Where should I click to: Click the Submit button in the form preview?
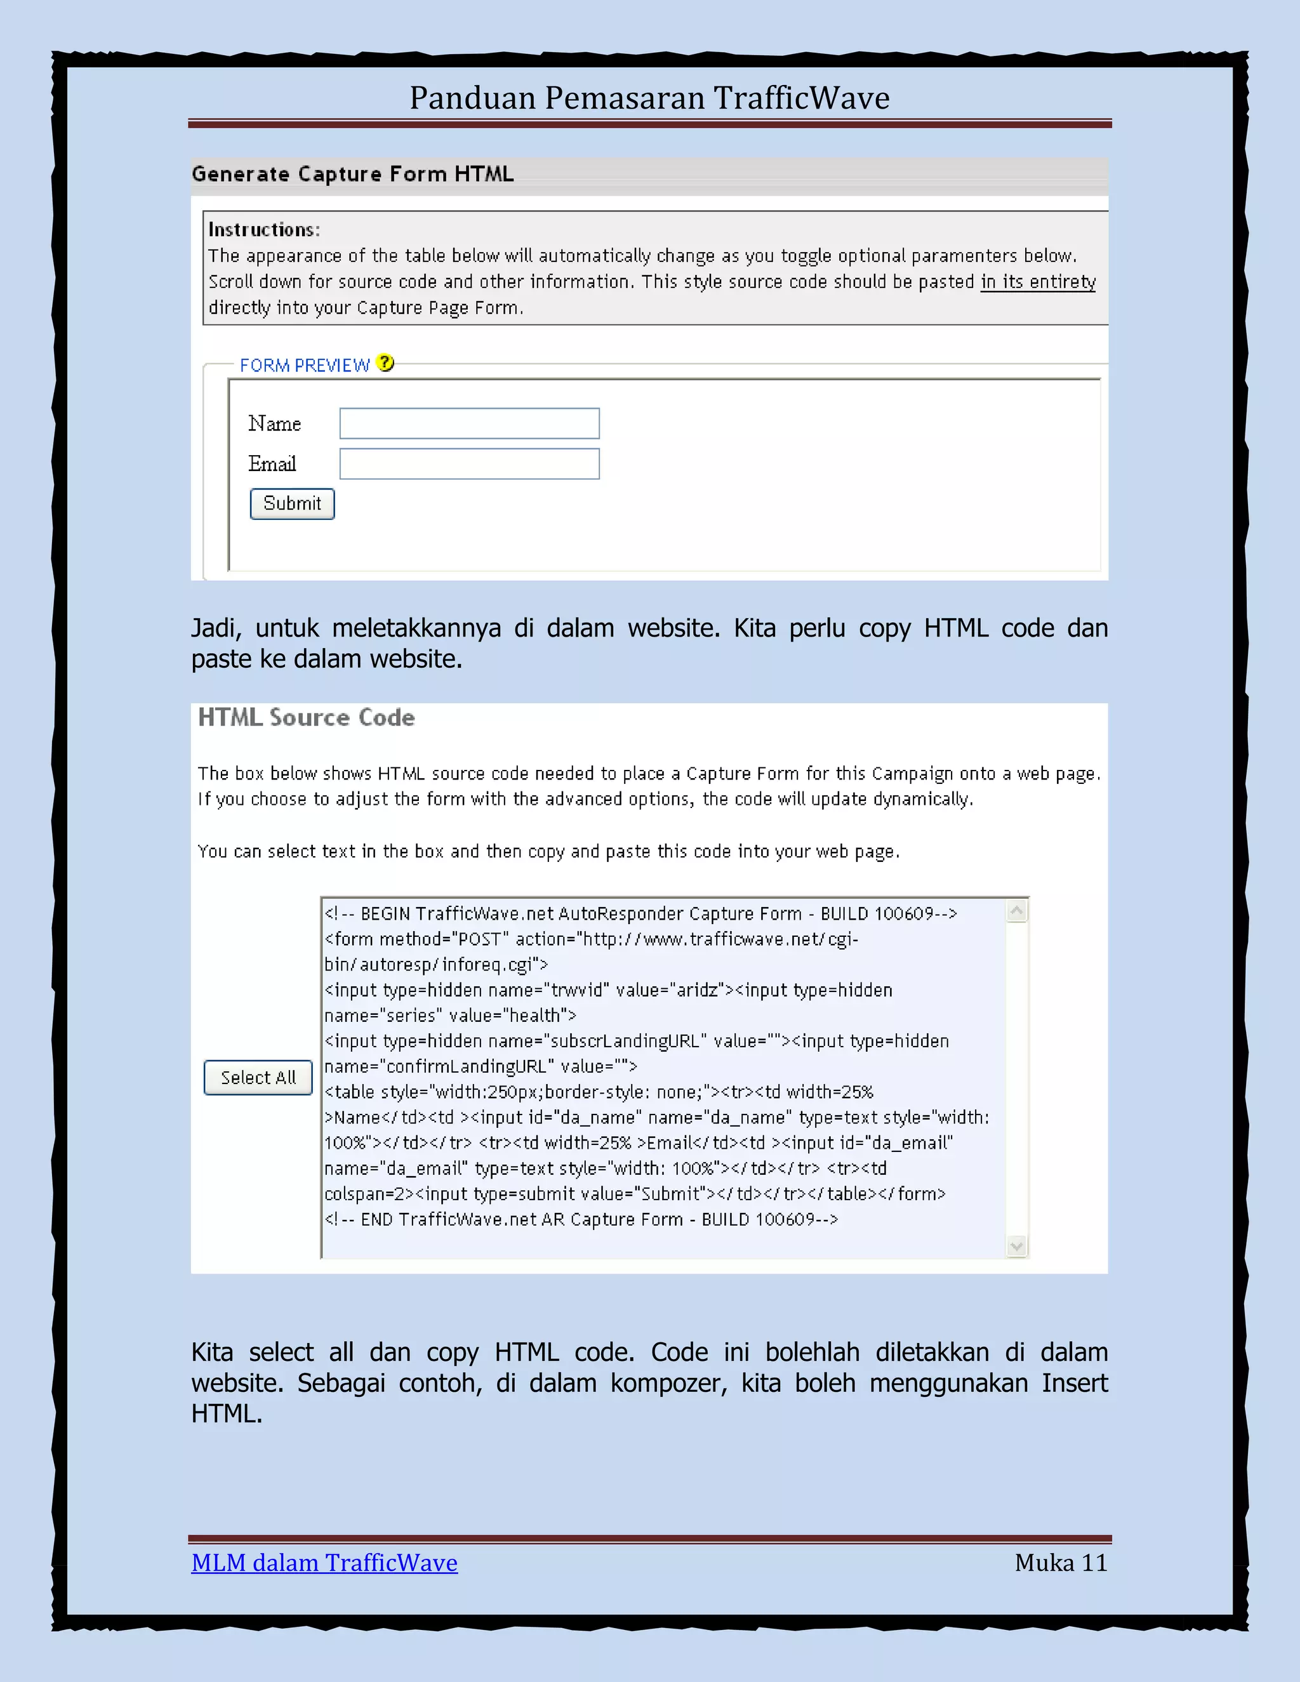(292, 504)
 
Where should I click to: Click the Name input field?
(469, 423)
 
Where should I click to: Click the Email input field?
(469, 463)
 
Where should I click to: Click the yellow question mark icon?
(386, 364)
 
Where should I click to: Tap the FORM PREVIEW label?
(304, 365)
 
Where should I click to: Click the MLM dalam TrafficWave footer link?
(324, 1563)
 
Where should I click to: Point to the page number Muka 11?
(1061, 1563)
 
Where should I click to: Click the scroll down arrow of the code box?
(1017, 1245)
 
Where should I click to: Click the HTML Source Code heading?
(307, 718)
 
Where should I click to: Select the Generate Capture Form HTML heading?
(353, 174)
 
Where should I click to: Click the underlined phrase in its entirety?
(1037, 282)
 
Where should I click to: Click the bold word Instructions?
(263, 230)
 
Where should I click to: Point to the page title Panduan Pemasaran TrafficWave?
(649, 98)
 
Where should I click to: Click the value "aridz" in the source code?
(697, 990)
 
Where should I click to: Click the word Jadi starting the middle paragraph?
(216, 628)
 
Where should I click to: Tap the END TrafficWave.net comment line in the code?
(581, 1219)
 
